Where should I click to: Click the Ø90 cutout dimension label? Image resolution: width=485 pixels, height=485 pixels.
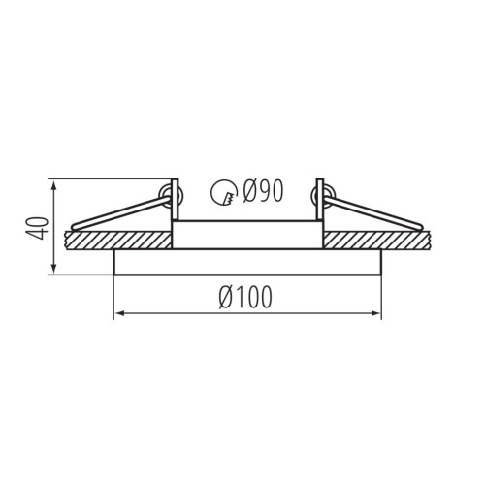pyautogui.click(x=263, y=191)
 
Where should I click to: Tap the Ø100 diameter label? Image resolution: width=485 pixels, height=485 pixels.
pyautogui.click(x=245, y=298)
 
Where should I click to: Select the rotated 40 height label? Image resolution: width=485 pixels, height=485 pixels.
pyautogui.click(x=37, y=228)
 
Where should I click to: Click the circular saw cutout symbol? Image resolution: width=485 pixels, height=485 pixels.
pyautogui.click(x=223, y=192)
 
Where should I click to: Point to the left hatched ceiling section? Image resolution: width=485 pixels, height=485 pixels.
pyautogui.click(x=118, y=241)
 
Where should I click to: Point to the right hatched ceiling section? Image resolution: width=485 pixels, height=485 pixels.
pyautogui.click(x=377, y=241)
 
